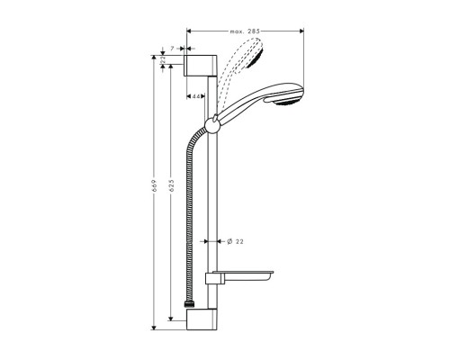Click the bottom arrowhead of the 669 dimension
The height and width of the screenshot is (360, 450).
coord(155,327)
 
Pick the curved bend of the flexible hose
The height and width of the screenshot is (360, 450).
coord(193,145)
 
